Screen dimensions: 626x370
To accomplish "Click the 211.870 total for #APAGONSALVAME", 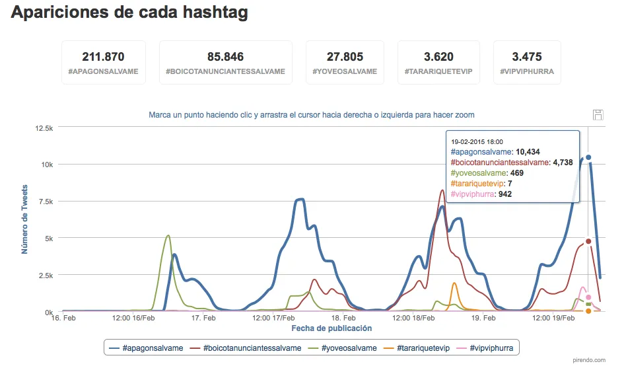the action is (104, 57).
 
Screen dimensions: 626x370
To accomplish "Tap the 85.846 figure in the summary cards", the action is (226, 57).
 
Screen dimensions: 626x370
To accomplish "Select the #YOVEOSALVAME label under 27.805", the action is (345, 71).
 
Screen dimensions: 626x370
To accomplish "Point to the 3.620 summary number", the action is (438, 57).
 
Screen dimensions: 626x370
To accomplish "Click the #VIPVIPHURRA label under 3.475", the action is (527, 71).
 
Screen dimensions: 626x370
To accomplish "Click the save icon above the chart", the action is (598, 115).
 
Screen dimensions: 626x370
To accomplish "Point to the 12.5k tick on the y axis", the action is (44, 128).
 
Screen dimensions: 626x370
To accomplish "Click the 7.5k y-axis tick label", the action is (46, 202).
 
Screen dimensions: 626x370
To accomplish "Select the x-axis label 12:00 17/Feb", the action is (273, 318).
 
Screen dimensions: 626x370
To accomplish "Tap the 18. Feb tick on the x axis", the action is (343, 318).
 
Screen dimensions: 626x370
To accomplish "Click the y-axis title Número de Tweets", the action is (24, 219).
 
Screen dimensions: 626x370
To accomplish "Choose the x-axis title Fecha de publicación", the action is (331, 328).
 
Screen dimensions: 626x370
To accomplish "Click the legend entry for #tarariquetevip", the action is (417, 348).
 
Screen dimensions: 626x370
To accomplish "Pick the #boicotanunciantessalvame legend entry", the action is (246, 348).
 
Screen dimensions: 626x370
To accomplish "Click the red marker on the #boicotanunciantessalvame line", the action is (588, 241).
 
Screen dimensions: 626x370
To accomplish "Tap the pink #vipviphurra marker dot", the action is (588, 297).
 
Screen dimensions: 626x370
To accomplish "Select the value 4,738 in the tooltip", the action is (563, 163).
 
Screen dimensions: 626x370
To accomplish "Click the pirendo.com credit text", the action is (589, 360).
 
